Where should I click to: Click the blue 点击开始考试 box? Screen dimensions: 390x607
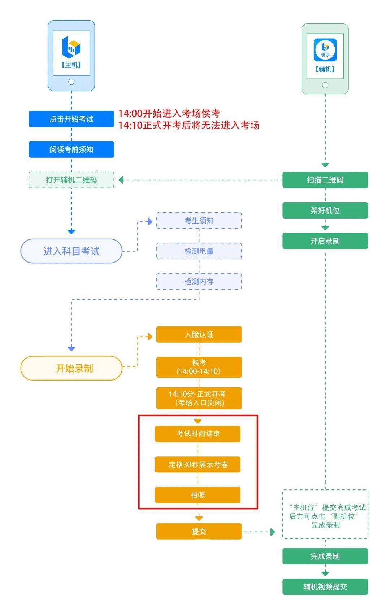coord(71,119)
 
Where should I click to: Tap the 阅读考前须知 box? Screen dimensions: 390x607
coord(71,149)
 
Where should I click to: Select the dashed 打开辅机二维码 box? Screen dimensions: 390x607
coord(71,180)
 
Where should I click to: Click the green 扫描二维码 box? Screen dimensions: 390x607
coord(325,180)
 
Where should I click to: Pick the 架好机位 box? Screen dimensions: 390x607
coord(325,210)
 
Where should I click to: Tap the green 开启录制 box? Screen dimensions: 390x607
coord(325,241)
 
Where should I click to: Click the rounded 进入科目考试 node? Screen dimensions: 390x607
coord(71,251)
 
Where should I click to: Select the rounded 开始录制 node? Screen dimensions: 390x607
coord(71,368)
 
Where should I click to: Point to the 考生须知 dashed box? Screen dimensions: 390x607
coord(199,221)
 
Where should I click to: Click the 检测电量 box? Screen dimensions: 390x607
coord(199,251)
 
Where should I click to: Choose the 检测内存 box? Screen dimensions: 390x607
coord(199,282)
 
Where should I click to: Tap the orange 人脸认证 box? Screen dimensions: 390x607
coord(199,334)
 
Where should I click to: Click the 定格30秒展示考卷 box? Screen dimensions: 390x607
coord(198,465)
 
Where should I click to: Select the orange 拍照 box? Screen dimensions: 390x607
coord(198,495)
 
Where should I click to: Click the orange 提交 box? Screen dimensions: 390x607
coord(199,531)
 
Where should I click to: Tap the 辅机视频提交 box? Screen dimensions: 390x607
coord(325,587)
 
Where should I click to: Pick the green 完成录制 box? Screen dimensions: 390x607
coord(325,556)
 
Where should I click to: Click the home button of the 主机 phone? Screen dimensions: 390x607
coord(71,82)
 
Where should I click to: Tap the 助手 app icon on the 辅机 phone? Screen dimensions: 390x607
coord(325,50)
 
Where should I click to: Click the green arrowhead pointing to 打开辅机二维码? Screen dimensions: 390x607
coord(121,180)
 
